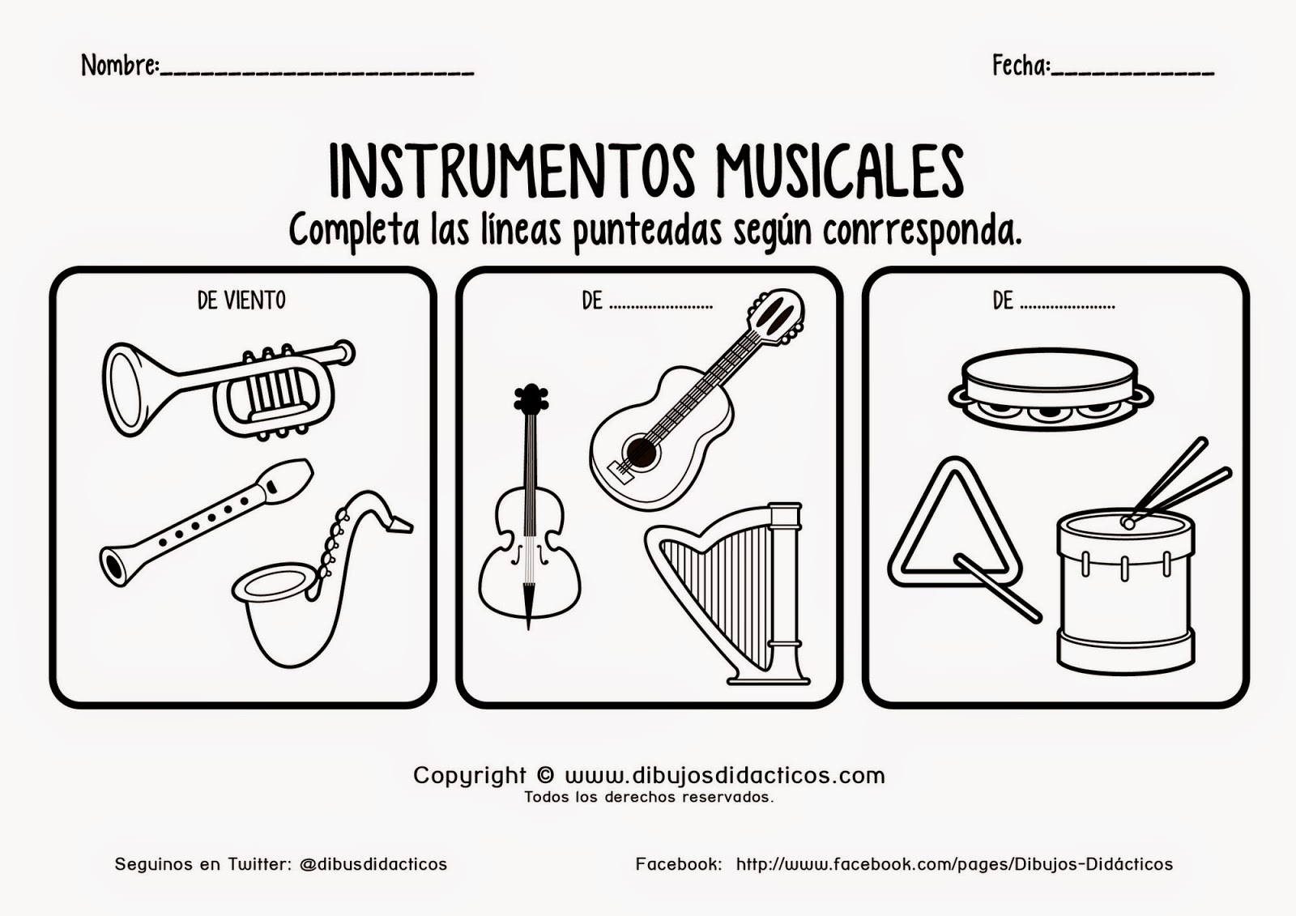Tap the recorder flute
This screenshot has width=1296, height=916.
click(x=207, y=518)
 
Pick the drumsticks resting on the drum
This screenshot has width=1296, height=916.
click(x=1179, y=482)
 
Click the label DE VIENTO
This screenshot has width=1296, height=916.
click(x=241, y=300)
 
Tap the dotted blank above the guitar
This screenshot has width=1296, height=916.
click(x=660, y=305)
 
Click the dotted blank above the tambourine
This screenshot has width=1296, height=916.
click(x=1068, y=305)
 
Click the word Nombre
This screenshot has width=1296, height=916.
click(x=119, y=66)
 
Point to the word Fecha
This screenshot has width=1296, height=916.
click(x=1020, y=66)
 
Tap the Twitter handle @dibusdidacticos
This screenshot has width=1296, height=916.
click(x=373, y=864)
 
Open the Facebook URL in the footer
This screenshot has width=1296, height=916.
click(x=953, y=864)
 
